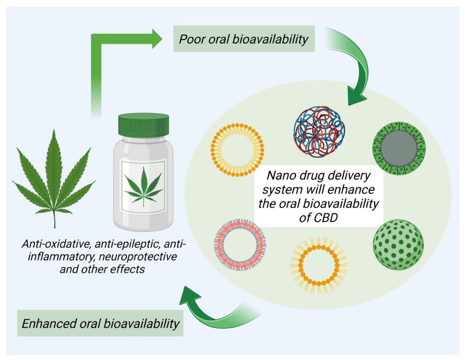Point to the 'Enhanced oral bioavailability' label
[100, 322]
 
